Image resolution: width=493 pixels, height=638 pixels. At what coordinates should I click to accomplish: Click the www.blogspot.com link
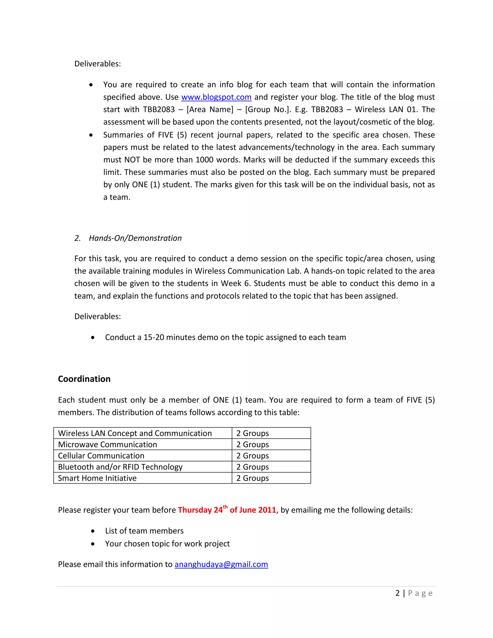click(x=216, y=97)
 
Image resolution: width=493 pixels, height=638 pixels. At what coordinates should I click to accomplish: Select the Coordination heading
click(x=84, y=379)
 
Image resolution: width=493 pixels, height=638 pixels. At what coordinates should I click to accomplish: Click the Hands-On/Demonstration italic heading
click(x=135, y=238)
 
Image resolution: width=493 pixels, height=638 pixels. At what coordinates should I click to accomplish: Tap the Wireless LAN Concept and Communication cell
click(x=135, y=433)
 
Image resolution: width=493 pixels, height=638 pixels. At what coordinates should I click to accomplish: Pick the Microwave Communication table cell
click(x=107, y=444)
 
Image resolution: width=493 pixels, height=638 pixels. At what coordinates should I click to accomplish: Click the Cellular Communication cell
click(x=101, y=456)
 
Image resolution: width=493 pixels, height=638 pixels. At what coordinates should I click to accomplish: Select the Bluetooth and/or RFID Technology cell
click(x=120, y=467)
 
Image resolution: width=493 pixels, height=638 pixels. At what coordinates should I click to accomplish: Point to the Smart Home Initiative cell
click(x=97, y=478)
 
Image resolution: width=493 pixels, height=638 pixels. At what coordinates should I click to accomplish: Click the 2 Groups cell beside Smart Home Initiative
click(x=253, y=478)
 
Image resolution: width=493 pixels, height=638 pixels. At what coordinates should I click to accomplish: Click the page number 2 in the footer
click(x=397, y=593)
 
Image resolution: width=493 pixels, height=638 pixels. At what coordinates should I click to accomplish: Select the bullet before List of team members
click(x=93, y=531)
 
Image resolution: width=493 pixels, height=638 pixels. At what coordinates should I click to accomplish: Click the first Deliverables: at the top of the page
click(x=97, y=64)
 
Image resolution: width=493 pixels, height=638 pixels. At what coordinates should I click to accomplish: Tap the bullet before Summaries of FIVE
click(x=91, y=135)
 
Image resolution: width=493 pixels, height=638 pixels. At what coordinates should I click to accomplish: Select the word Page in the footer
click(x=420, y=593)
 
